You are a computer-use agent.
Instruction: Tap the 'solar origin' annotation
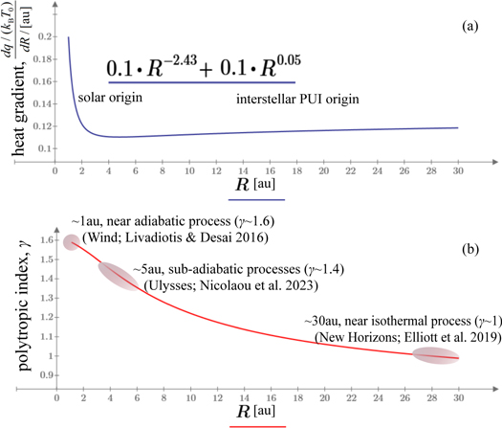[x=101, y=98]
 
